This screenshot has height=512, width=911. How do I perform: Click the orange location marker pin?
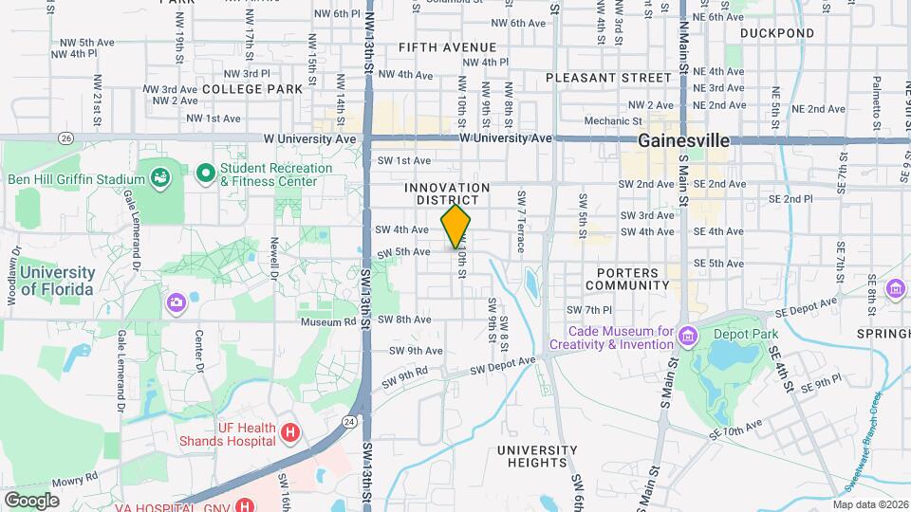[455, 227]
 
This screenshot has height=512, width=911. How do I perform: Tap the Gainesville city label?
[683, 140]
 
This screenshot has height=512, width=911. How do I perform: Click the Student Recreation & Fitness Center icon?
[205, 174]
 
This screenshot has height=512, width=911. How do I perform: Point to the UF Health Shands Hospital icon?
[291, 433]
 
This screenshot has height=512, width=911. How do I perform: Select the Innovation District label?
[447, 194]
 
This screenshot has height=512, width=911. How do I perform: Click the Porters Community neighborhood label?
[627, 278]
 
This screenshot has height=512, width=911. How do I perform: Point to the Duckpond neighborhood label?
[777, 33]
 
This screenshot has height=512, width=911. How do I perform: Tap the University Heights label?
[536, 456]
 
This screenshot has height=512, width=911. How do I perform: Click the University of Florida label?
[57, 281]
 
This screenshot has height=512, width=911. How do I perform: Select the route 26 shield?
[65, 138]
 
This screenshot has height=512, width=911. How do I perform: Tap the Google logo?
[31, 500]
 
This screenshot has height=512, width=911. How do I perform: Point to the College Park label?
[252, 88]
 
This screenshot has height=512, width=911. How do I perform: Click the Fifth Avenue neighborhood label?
[447, 46]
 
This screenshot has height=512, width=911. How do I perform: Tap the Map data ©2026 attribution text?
[869, 504]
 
